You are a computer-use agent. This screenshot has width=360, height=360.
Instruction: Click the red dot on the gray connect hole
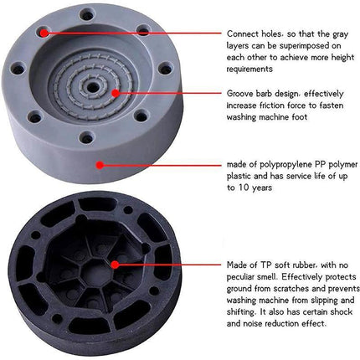coord(44,33)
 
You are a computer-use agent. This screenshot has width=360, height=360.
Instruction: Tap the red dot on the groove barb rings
coord(116,93)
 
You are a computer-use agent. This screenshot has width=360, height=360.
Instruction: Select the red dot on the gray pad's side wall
coord(100,165)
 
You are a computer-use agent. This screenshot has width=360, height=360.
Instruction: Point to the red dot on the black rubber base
coord(115,265)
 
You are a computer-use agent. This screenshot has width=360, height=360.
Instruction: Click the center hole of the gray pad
coord(93,88)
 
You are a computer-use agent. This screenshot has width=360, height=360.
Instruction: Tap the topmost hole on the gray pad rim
coord(87,14)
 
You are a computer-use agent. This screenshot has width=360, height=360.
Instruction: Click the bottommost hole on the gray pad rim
coord(86,137)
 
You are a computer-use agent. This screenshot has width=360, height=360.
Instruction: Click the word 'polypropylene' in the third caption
coord(285,165)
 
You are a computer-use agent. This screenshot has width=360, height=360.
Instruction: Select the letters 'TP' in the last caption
coord(266,265)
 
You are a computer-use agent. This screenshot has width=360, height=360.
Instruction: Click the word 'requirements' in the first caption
coord(249,69)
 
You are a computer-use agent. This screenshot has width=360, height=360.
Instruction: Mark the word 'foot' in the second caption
coord(300,117)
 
